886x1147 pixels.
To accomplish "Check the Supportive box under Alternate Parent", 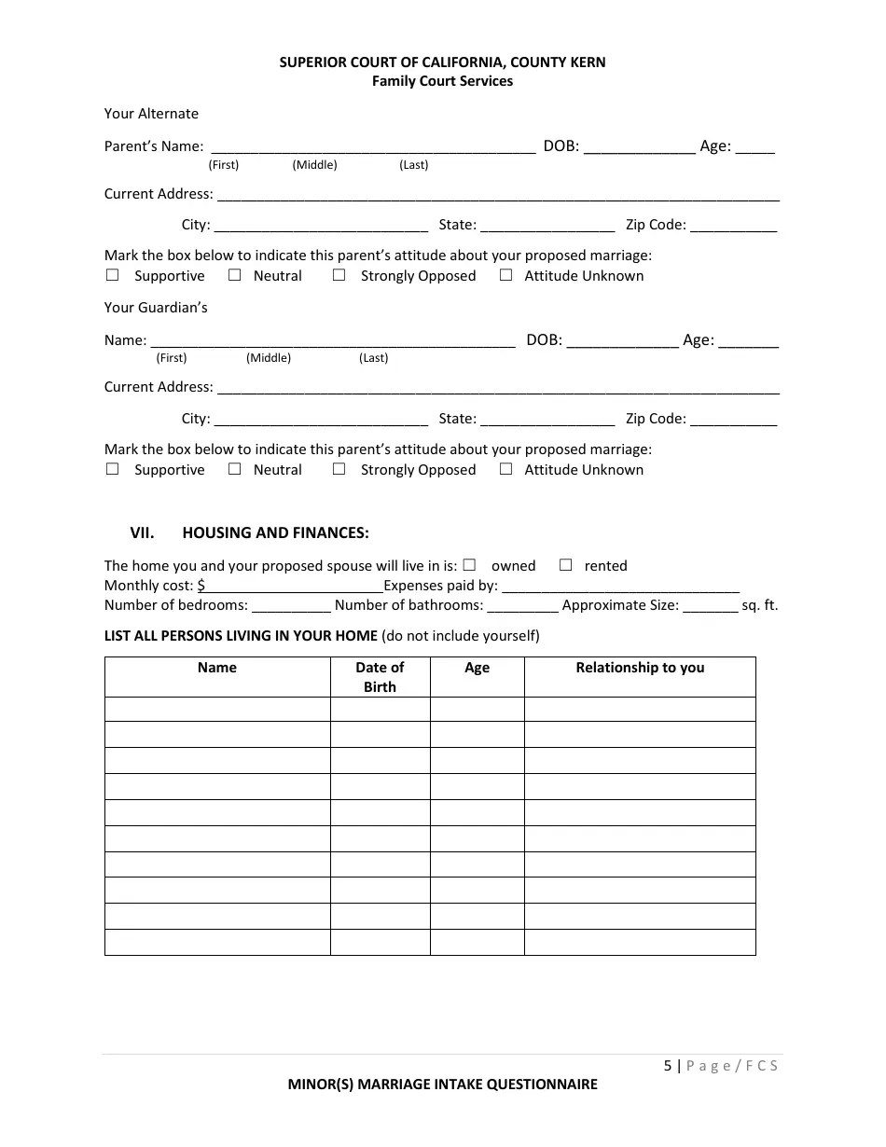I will click(113, 275).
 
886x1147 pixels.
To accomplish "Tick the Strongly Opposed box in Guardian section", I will click(339, 469).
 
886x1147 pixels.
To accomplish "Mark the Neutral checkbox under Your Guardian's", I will click(235, 469).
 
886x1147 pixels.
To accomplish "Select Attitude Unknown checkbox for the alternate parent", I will click(505, 275).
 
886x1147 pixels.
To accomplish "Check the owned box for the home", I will click(469, 565).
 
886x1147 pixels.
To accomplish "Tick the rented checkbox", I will click(565, 565).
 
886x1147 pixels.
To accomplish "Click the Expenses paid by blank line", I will click(620, 586).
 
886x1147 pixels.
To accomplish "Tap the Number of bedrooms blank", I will click(291, 605).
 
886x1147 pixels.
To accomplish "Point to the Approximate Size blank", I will click(710, 605).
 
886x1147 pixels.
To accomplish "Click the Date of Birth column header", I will click(380, 677).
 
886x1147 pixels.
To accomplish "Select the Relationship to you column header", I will click(640, 668).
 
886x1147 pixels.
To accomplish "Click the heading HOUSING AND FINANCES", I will click(275, 532).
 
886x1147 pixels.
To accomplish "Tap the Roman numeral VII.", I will click(142, 532).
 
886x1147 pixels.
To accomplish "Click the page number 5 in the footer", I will click(668, 1065).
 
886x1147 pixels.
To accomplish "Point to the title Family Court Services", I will click(442, 81).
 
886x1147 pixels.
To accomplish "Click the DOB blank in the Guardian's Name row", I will click(622, 340).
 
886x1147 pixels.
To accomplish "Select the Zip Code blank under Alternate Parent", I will click(733, 225).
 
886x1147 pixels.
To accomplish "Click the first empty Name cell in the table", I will click(217, 709).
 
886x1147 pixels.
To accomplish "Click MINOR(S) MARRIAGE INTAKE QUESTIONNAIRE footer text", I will click(442, 1085).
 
